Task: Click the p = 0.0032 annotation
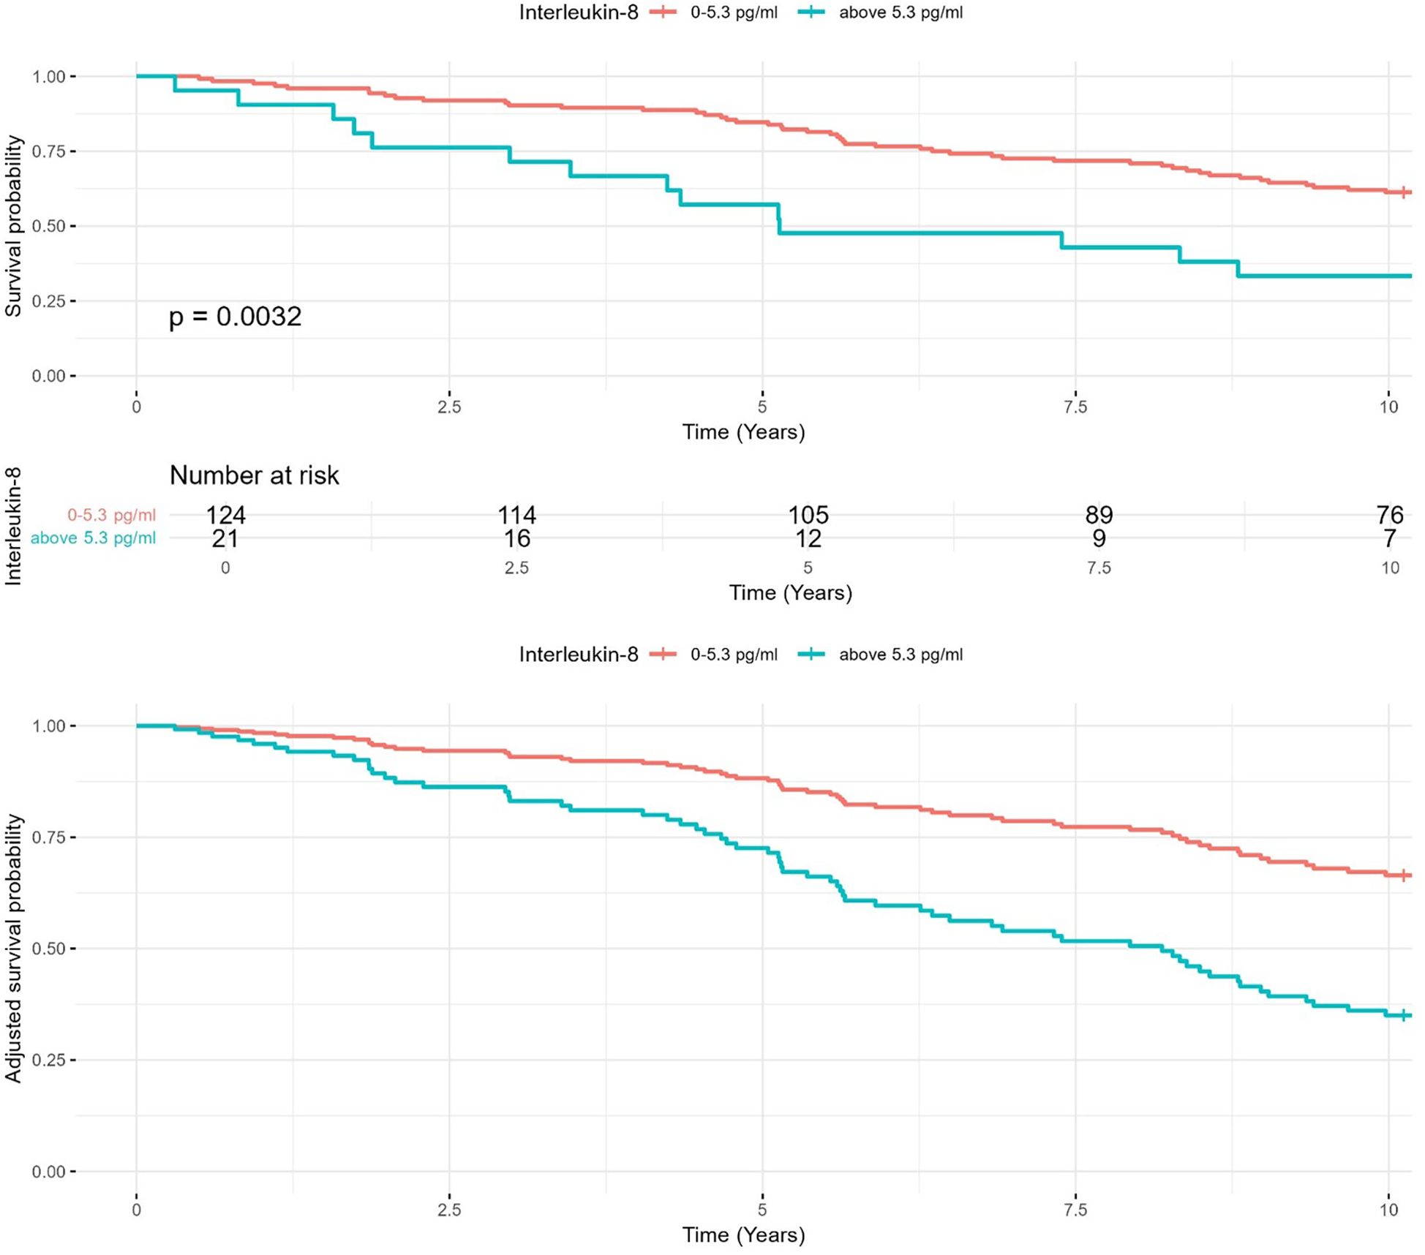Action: click(x=235, y=316)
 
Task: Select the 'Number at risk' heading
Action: click(x=254, y=475)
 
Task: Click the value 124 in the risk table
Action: click(x=225, y=515)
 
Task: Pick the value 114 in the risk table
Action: click(x=516, y=515)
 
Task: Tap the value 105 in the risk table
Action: click(x=808, y=515)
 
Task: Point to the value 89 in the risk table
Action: click(x=1099, y=515)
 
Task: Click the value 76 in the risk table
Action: click(x=1389, y=515)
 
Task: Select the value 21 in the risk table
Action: click(x=225, y=539)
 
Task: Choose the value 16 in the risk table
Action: click(x=516, y=539)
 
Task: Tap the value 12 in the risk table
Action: click(x=808, y=539)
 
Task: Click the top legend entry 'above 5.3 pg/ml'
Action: click(x=900, y=12)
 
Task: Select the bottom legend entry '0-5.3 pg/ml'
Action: click(x=733, y=655)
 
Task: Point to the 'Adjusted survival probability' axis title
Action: click(x=13, y=948)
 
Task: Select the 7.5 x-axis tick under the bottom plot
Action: click(x=1075, y=1210)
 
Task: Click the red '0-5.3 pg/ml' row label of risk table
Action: click(x=111, y=515)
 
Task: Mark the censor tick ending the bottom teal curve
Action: click(x=1404, y=1015)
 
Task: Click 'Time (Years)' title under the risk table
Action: click(x=790, y=592)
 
